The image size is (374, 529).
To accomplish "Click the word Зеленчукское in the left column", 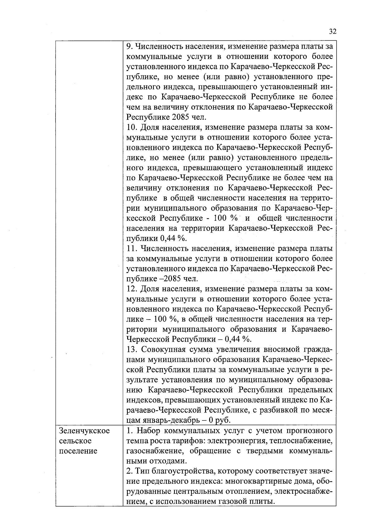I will click(84, 431).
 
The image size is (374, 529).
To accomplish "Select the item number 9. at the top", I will click(130, 47).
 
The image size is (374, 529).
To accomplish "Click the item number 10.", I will click(132, 127).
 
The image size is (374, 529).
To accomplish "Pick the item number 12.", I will click(132, 289).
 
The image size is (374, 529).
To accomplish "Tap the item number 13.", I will click(132, 349).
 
